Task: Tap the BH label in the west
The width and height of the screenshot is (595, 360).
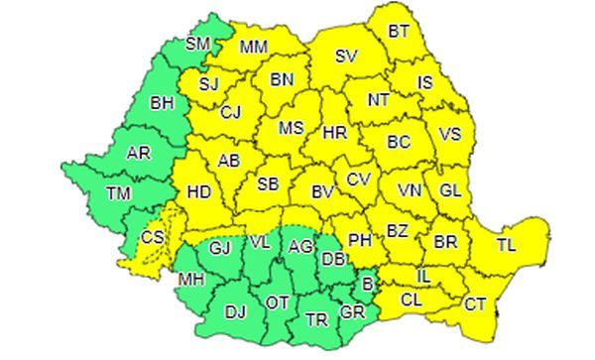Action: tap(161, 101)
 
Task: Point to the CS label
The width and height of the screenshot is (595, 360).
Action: tap(154, 238)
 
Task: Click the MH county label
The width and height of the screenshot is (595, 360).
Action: tap(191, 281)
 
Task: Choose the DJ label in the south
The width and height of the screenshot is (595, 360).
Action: tap(235, 312)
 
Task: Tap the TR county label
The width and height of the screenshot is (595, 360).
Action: tap(316, 320)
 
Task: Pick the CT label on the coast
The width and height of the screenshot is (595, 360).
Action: tap(475, 304)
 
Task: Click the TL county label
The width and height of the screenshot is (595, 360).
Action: tap(506, 243)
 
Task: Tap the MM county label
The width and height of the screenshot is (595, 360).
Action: tap(254, 47)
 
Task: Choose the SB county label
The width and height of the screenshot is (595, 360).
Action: tap(269, 183)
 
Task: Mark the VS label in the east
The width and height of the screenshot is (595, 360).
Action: tap(450, 134)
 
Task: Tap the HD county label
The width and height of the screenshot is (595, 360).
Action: tap(199, 192)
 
